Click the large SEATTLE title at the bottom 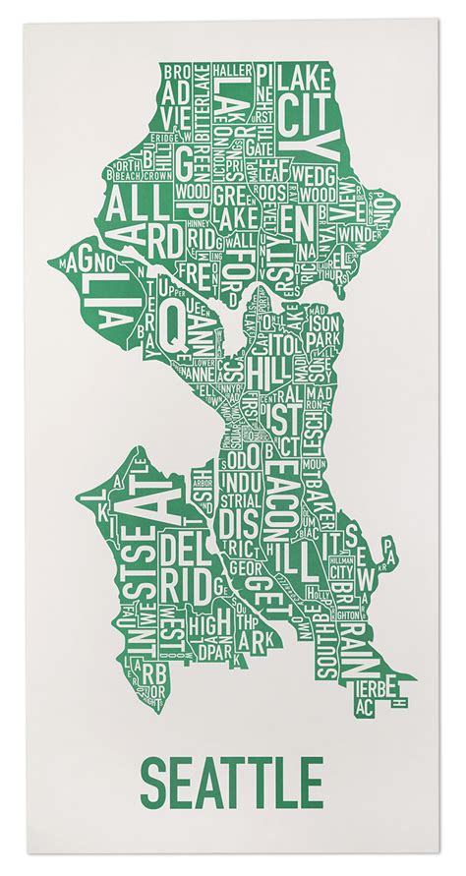231,782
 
